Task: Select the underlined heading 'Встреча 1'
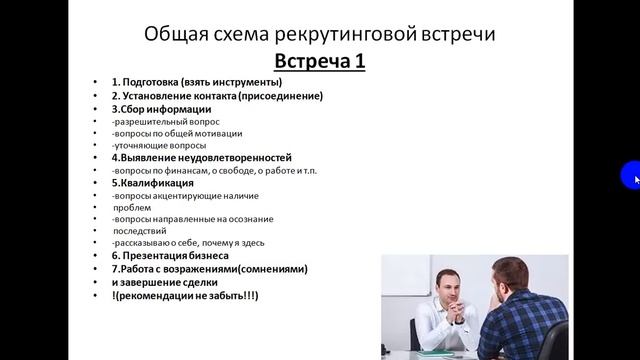320,63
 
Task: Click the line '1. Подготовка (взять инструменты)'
197,83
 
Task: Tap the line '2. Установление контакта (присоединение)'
217,97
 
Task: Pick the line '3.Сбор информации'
161,110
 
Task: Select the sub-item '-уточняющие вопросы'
155,146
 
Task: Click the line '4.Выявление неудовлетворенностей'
202,158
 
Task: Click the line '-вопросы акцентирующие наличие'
180,195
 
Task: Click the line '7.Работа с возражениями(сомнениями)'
209,269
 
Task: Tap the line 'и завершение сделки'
160,282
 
